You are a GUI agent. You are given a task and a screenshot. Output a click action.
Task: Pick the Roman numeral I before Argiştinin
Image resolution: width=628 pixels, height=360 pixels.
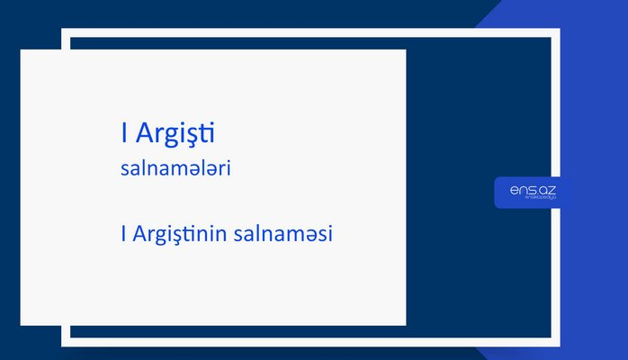[122, 233]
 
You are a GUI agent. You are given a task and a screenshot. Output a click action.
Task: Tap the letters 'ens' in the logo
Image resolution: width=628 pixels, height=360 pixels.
[522, 191]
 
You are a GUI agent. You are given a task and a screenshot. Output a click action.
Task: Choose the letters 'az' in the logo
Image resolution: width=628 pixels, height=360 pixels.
[548, 191]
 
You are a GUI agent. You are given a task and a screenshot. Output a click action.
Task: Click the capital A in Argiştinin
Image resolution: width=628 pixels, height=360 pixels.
[139, 233]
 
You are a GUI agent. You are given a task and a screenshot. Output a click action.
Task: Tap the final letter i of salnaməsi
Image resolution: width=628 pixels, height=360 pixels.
[331, 233]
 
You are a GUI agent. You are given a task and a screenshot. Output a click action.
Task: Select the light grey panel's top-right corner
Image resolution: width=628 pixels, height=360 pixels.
[405, 50]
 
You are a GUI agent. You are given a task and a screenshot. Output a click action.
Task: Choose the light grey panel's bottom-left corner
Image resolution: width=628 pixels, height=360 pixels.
[22, 324]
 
